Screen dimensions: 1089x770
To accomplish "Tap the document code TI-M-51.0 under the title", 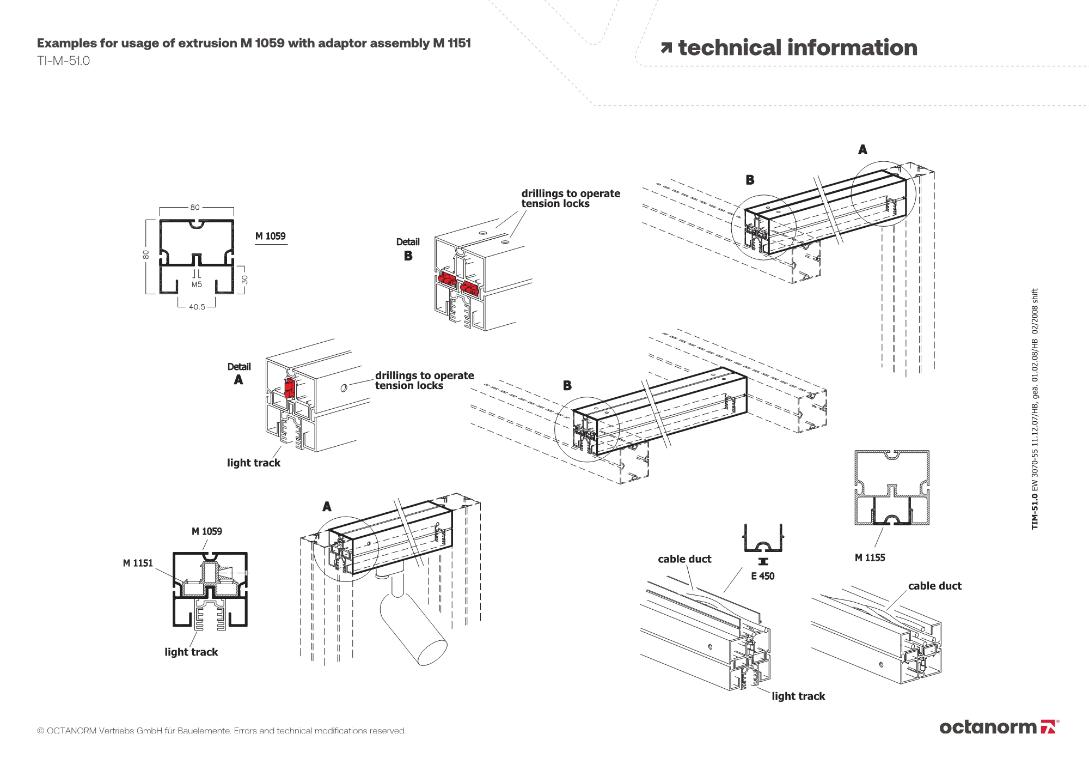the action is [x=63, y=61].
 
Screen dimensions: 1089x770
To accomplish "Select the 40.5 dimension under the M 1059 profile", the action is [x=197, y=307].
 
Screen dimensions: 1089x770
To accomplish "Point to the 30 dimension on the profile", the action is [x=245, y=279].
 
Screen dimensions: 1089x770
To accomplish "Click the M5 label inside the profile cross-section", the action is [x=197, y=284].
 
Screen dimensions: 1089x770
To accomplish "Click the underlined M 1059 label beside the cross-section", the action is [x=271, y=237].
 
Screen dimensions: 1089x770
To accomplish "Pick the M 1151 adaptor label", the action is [x=138, y=563].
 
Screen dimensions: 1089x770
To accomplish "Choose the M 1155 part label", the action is [x=870, y=557].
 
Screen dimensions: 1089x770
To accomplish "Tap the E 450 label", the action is [x=762, y=576].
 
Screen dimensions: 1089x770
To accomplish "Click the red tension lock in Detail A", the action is [x=290, y=388].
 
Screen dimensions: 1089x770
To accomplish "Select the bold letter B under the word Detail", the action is [x=408, y=256].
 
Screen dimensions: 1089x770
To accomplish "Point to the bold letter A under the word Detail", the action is [x=238, y=380].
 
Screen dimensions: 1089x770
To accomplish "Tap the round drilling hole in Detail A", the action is [x=344, y=388].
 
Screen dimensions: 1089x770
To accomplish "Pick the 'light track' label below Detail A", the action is [x=254, y=463].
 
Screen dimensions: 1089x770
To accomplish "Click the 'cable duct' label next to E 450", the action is [x=684, y=559].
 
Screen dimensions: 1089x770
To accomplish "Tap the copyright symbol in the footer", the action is [x=40, y=731].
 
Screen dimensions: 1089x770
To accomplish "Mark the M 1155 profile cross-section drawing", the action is [x=892, y=488].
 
